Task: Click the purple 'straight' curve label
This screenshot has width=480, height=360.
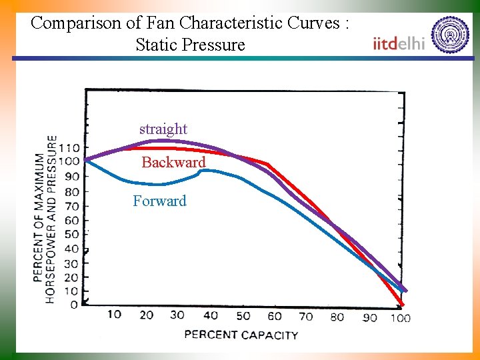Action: (163, 129)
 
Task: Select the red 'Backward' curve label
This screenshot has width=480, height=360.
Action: (173, 163)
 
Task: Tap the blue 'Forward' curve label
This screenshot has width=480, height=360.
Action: (159, 201)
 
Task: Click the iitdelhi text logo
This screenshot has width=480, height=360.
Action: (399, 43)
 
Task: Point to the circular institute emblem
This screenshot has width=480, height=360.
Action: (450, 35)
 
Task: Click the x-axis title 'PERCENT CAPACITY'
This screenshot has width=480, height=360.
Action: (241, 334)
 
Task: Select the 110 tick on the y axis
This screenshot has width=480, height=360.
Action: (69, 147)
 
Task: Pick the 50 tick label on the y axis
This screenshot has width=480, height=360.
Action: (72, 234)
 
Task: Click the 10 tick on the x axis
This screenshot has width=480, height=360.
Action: (114, 314)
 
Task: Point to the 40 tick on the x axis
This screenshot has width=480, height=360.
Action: (211, 315)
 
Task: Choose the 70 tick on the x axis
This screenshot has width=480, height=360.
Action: (305, 316)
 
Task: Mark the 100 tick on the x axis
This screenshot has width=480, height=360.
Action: (400, 317)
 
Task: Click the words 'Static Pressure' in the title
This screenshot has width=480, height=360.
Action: (190, 45)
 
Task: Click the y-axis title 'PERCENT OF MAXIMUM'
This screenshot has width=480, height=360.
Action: (39, 217)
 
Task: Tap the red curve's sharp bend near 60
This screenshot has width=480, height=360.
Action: (267, 164)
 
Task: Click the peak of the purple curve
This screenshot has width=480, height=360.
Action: (163, 141)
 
